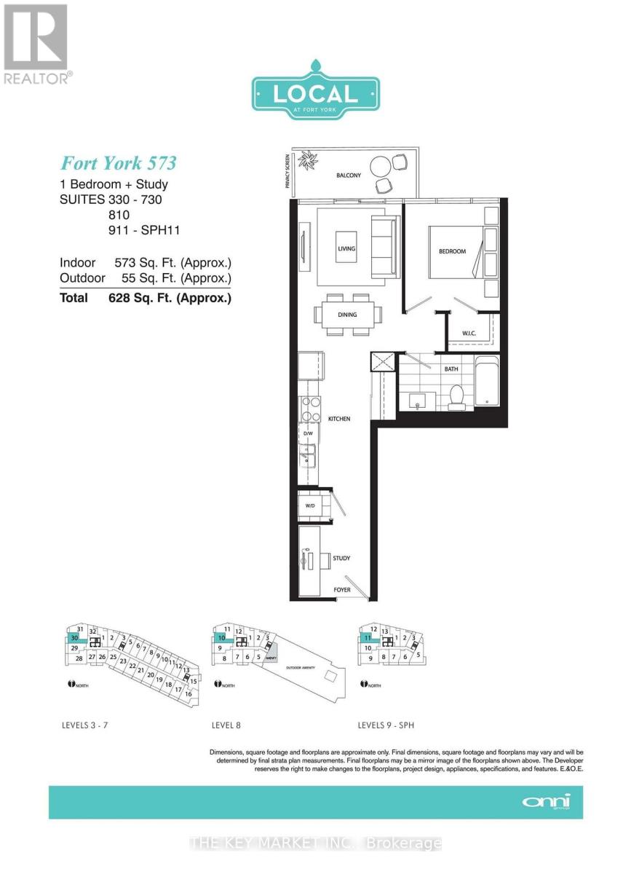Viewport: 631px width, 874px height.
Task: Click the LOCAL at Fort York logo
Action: (x=315, y=94)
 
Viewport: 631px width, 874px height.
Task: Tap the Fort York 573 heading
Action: (x=118, y=162)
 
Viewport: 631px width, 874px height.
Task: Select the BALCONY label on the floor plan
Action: (x=350, y=176)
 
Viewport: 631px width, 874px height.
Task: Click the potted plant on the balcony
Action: (x=310, y=159)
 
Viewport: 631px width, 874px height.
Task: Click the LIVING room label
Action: (x=346, y=249)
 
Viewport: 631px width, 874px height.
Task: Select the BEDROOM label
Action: (x=451, y=251)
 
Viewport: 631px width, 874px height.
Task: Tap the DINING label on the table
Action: (x=347, y=315)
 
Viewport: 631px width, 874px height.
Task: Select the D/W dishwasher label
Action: (x=308, y=434)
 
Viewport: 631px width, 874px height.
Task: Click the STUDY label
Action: (x=341, y=559)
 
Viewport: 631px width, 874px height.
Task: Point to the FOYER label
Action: (x=342, y=591)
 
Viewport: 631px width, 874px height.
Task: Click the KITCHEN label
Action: (x=339, y=420)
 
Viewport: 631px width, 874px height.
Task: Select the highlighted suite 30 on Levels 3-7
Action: (x=74, y=637)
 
